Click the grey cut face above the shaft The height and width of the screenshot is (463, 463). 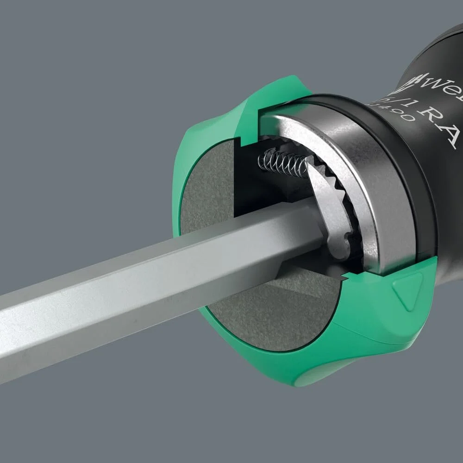pos(204,185)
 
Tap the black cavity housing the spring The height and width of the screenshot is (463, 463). pos(259,185)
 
